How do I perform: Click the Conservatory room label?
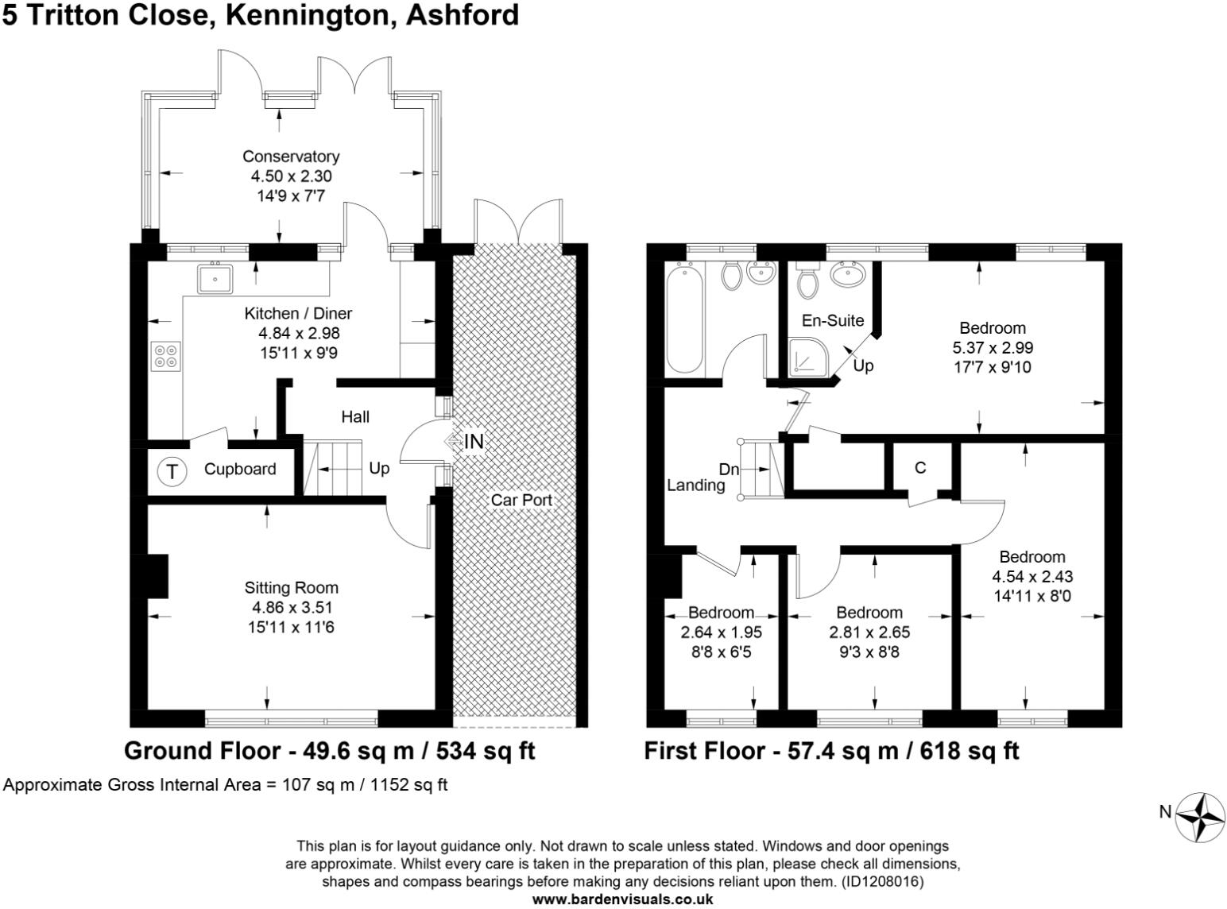pyautogui.click(x=290, y=157)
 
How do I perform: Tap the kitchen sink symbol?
pyautogui.click(x=215, y=279)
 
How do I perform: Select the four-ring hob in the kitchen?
pyautogui.click(x=166, y=355)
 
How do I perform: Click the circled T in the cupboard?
pyautogui.click(x=172, y=471)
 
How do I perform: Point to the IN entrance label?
pyautogui.click(x=474, y=441)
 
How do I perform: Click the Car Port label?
pyautogui.click(x=521, y=500)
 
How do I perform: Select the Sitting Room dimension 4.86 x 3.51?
pyautogui.click(x=292, y=608)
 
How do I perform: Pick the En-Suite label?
pyautogui.click(x=832, y=321)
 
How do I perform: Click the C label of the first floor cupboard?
pyautogui.click(x=919, y=468)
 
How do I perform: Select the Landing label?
pyautogui.click(x=695, y=485)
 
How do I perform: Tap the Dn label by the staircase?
pyautogui.click(x=729, y=470)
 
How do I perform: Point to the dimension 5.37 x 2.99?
pyautogui.click(x=993, y=348)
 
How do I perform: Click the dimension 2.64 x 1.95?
pyautogui.click(x=721, y=632)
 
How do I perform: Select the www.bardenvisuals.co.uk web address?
pyautogui.click(x=622, y=899)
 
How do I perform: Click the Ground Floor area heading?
pyautogui.click(x=330, y=751)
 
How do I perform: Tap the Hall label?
pyautogui.click(x=355, y=416)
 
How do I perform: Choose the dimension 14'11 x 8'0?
pyautogui.click(x=1032, y=596)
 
